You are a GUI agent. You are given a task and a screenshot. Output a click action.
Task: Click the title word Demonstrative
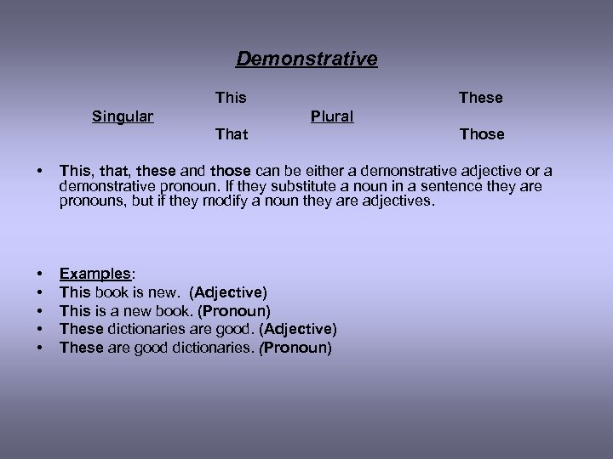tap(306, 59)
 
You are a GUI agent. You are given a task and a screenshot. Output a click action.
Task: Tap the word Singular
tap(123, 116)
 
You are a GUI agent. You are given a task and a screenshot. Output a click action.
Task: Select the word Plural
tap(332, 116)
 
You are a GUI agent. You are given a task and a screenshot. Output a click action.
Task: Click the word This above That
tap(231, 98)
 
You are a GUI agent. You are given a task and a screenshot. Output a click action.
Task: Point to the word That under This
tap(232, 134)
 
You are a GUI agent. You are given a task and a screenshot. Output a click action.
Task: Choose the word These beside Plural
tap(480, 98)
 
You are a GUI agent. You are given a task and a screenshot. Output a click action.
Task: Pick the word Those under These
tap(482, 134)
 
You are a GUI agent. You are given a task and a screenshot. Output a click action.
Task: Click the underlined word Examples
tap(95, 274)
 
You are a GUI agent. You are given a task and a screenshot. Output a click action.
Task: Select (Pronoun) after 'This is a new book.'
tap(234, 311)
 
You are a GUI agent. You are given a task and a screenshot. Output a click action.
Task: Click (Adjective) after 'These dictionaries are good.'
tap(298, 329)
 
